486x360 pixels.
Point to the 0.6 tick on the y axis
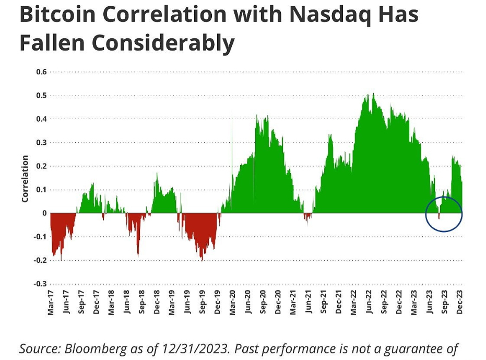41,72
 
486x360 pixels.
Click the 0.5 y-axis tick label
41,95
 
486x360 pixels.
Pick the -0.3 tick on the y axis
40,284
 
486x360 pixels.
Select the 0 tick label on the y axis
44,213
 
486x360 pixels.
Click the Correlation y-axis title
25,179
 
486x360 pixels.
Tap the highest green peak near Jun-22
373,95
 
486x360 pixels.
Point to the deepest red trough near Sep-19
202,258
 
